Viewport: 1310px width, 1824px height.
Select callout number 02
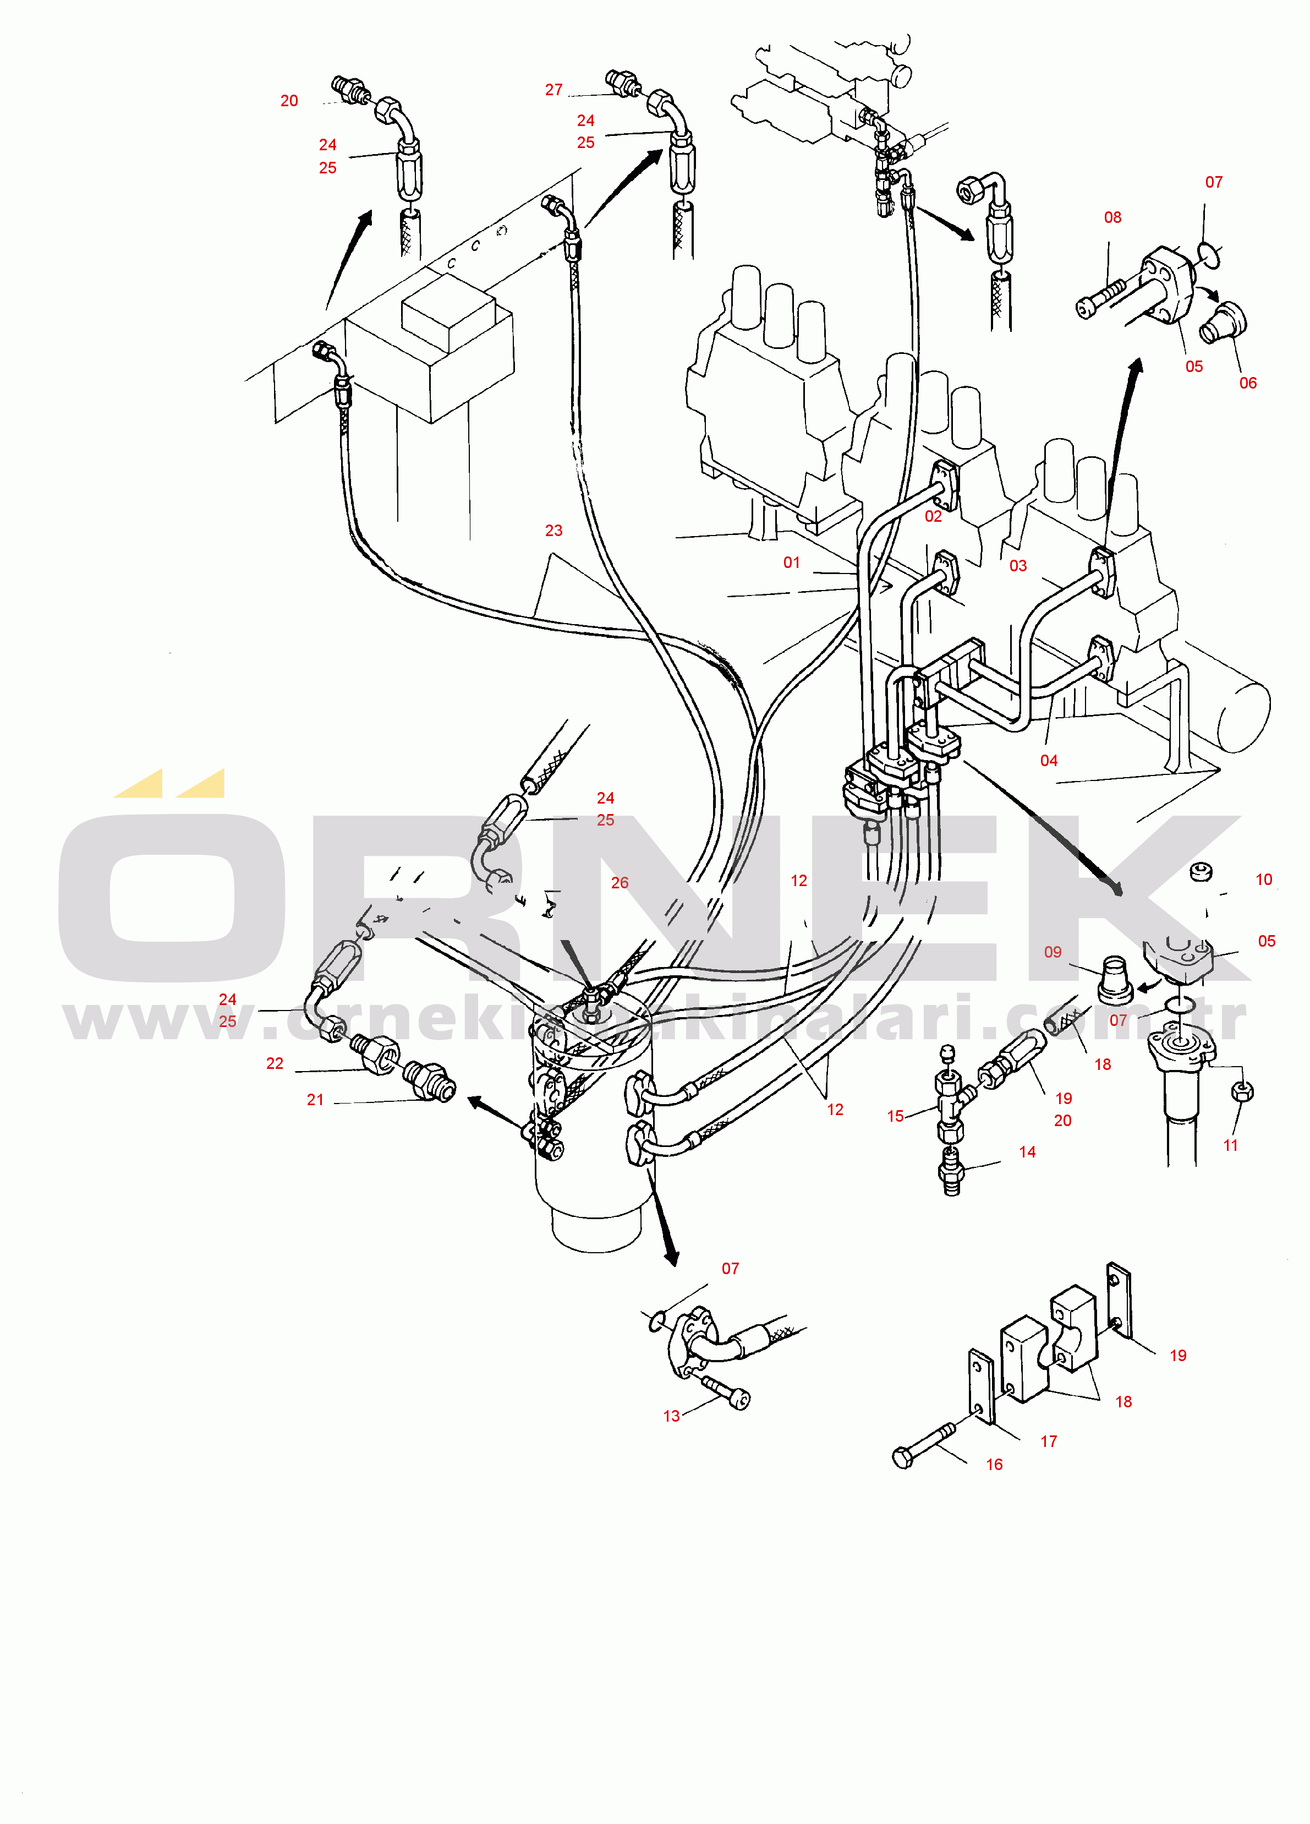933,516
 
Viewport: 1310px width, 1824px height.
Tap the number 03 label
1018,566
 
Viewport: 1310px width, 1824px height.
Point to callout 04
1049,761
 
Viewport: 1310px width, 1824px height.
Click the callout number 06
1248,384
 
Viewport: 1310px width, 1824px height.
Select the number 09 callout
1053,952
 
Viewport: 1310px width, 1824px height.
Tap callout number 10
1264,880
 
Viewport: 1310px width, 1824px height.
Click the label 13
671,1416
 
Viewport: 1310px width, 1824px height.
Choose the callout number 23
554,531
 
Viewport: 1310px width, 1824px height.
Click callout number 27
554,90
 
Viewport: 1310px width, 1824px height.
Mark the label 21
315,1100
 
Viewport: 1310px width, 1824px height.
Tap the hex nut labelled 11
1241,1091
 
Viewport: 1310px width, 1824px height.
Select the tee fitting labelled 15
951,1105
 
